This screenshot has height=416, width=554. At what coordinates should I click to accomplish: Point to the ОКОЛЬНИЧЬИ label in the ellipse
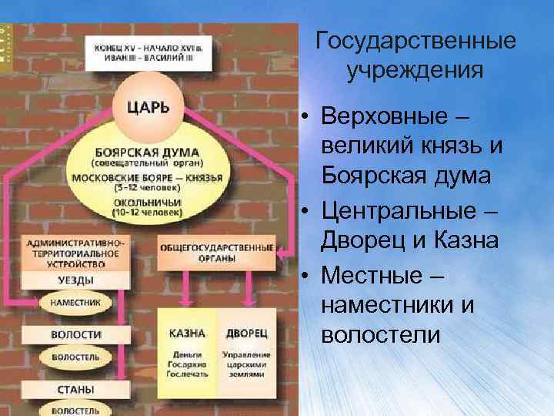point(147,200)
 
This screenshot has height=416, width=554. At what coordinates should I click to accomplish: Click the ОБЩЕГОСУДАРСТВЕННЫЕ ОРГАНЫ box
point(216,253)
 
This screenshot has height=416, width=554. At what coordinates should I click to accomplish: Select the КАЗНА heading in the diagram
point(186,333)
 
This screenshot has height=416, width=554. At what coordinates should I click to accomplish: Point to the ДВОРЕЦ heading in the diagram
point(245,333)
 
